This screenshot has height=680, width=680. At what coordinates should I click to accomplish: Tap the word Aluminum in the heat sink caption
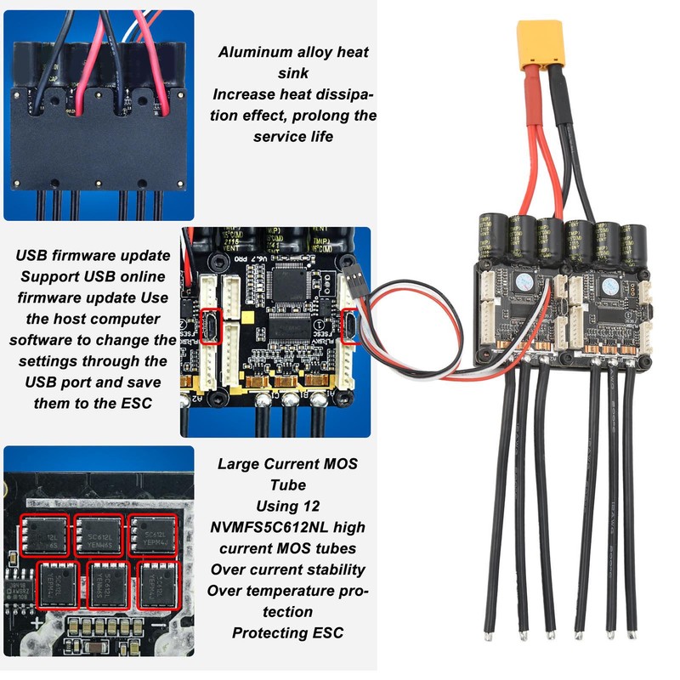(x=252, y=52)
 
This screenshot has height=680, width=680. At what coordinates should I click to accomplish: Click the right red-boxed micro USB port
(x=348, y=324)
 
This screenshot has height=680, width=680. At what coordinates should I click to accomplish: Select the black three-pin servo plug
(x=355, y=288)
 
